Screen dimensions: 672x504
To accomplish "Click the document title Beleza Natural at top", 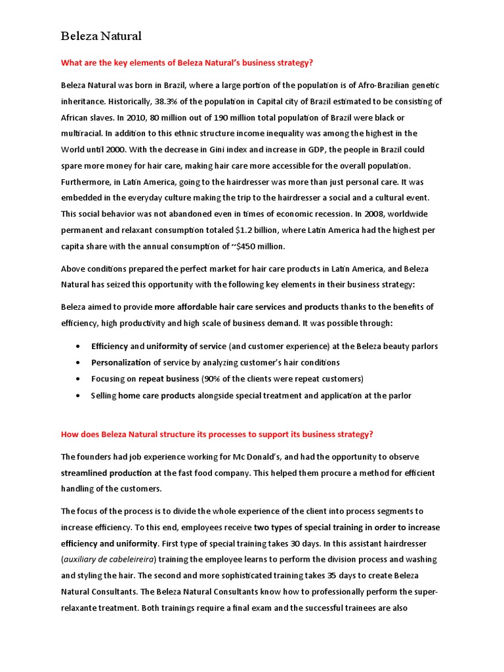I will [x=101, y=36].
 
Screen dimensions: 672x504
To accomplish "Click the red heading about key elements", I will [x=187, y=64].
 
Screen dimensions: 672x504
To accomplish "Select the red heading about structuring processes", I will [x=217, y=434].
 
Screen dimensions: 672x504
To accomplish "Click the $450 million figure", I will [x=255, y=246].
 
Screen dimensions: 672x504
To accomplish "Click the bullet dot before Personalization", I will [x=79, y=362].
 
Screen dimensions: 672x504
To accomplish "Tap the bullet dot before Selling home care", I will [x=79, y=396].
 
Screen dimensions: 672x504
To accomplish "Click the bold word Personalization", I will [x=121, y=362].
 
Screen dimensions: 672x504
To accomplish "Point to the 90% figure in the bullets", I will [x=212, y=379].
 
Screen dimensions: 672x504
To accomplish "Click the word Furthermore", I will [x=87, y=182].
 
